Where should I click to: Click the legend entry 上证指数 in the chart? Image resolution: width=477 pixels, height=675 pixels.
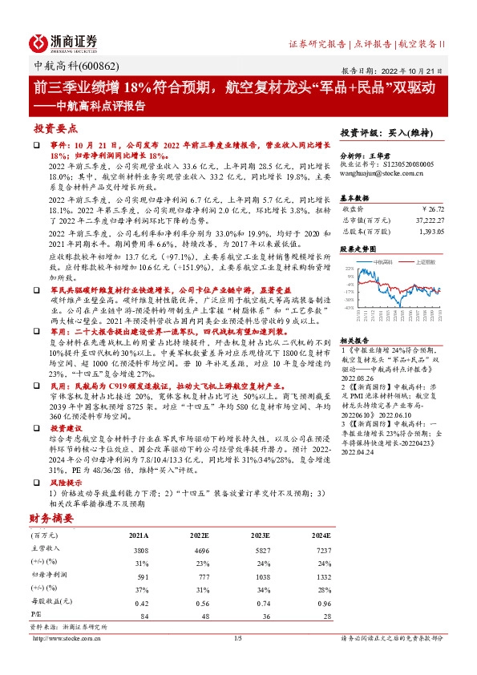(x=425, y=262)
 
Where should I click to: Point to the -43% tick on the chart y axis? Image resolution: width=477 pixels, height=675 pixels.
(x=349, y=307)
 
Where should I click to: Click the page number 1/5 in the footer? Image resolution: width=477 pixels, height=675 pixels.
(x=237, y=638)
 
